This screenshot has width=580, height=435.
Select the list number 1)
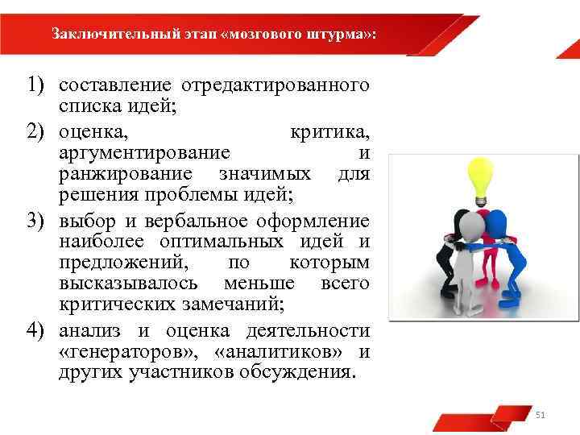pyautogui.click(x=38, y=85)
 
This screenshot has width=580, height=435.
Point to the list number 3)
pyautogui.click(x=38, y=220)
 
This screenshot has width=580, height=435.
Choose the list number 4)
pyautogui.click(x=38, y=330)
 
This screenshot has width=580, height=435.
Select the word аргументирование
pyautogui.click(x=144, y=153)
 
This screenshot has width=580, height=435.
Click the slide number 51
pyautogui.click(x=541, y=415)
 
